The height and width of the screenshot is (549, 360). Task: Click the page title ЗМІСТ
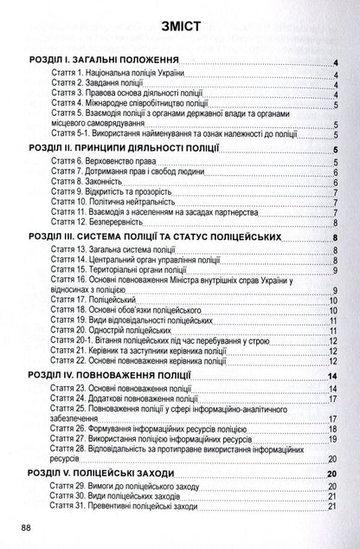click(x=180, y=26)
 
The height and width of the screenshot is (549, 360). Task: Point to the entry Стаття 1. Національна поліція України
click(x=118, y=74)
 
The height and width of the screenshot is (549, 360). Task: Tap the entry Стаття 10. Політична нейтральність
click(x=116, y=204)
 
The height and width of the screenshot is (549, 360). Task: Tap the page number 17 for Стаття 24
click(x=333, y=399)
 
